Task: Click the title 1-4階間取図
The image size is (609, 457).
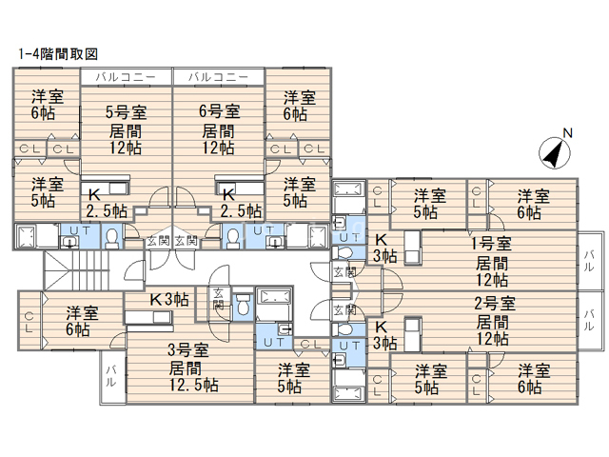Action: tap(58, 54)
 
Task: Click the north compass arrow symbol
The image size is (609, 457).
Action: tap(555, 152)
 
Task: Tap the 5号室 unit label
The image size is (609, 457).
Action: tap(127, 112)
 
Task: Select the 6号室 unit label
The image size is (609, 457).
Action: tap(220, 111)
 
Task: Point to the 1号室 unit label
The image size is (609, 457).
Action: tap(491, 244)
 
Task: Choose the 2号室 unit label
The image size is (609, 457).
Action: tap(495, 303)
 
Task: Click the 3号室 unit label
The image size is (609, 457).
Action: tap(188, 349)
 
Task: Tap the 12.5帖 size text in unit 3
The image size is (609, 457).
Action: tap(193, 385)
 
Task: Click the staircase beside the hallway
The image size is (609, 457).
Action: tap(76, 270)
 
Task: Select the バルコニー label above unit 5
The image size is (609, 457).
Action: tap(126, 77)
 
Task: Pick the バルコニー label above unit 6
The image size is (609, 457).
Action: tap(218, 77)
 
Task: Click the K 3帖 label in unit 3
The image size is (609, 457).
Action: tap(169, 299)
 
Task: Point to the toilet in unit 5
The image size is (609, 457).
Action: tap(112, 237)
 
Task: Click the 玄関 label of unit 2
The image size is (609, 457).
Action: tap(344, 310)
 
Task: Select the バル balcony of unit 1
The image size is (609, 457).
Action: tap(590, 261)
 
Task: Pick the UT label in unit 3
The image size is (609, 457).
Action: tap(274, 343)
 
